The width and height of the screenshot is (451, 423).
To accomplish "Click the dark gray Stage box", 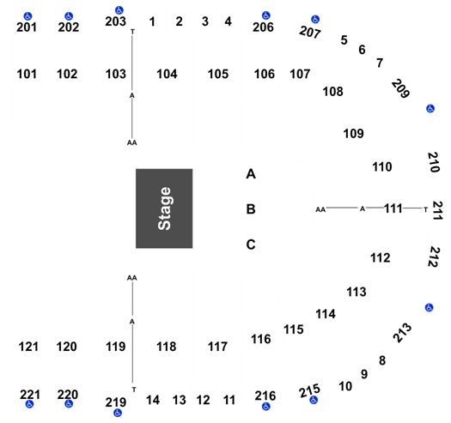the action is coord(164,208).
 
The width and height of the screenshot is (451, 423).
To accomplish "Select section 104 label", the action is coord(167,74).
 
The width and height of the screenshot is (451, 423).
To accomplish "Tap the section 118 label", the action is coord(167,347).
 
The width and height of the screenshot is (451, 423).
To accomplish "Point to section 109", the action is coord(353,134).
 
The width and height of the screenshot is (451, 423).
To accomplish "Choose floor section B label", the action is coord(251,209).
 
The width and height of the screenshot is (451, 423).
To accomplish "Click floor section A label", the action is coord(251,174).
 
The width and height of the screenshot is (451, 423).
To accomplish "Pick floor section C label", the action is coord(251,245).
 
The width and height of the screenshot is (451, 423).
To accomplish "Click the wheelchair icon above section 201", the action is coord(27,15).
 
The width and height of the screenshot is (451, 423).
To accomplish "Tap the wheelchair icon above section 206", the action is coord(266,15).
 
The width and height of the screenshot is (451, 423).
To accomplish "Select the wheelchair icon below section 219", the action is coord(118,413).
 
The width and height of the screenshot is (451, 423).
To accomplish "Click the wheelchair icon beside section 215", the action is coord(314,400).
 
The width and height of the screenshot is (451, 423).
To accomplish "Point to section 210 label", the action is coord(434,162).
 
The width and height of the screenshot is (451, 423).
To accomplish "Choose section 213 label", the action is coord(402,333).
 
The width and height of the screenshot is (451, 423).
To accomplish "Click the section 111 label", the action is coord(393,208).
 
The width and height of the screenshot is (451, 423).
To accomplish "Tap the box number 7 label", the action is coord(380,63).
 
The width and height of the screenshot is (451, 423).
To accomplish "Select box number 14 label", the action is coord(153,400).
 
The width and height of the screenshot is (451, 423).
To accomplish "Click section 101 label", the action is coord(27,74).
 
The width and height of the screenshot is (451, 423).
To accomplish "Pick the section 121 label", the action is coord(28,347).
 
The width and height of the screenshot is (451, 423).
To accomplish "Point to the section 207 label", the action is coord(310,32).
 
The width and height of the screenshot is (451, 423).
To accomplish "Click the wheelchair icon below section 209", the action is coord(430,109).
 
